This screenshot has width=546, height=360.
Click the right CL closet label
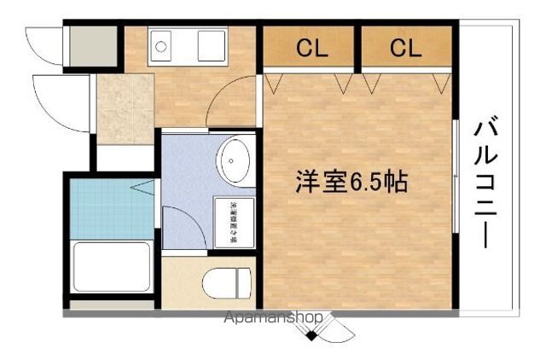click(x=406, y=48)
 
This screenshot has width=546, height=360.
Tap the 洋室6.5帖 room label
click(x=351, y=183)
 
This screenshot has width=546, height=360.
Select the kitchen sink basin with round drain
click(x=162, y=46)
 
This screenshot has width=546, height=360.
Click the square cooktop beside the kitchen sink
click(x=210, y=46)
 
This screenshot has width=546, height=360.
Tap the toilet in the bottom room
click(x=228, y=282)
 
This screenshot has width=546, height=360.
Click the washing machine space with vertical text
click(x=232, y=222)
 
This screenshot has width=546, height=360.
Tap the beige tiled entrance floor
click(x=125, y=107)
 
